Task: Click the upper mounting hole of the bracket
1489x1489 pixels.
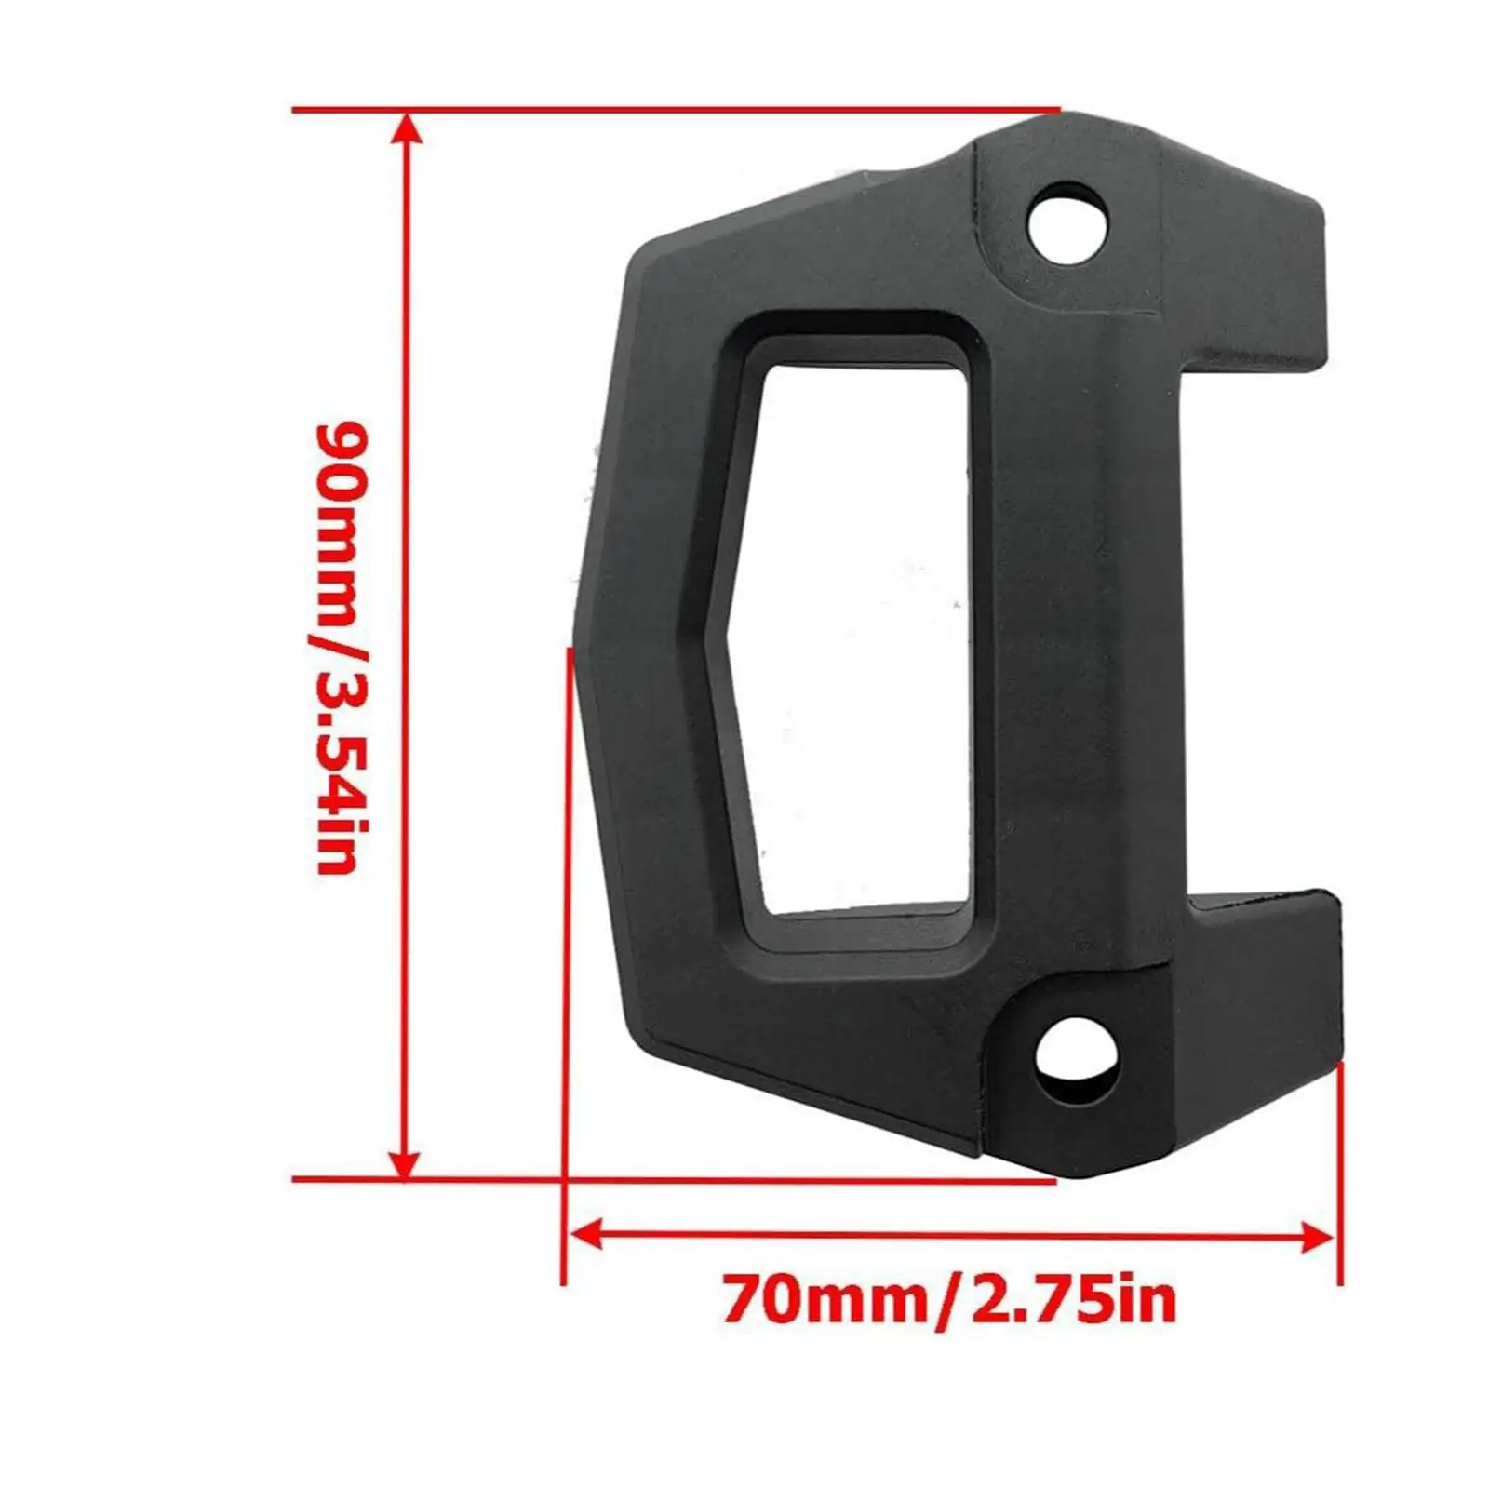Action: [x=1067, y=222]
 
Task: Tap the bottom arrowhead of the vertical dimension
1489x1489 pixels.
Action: [x=404, y=1162]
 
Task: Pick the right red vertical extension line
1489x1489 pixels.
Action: [x=1340, y=1173]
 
